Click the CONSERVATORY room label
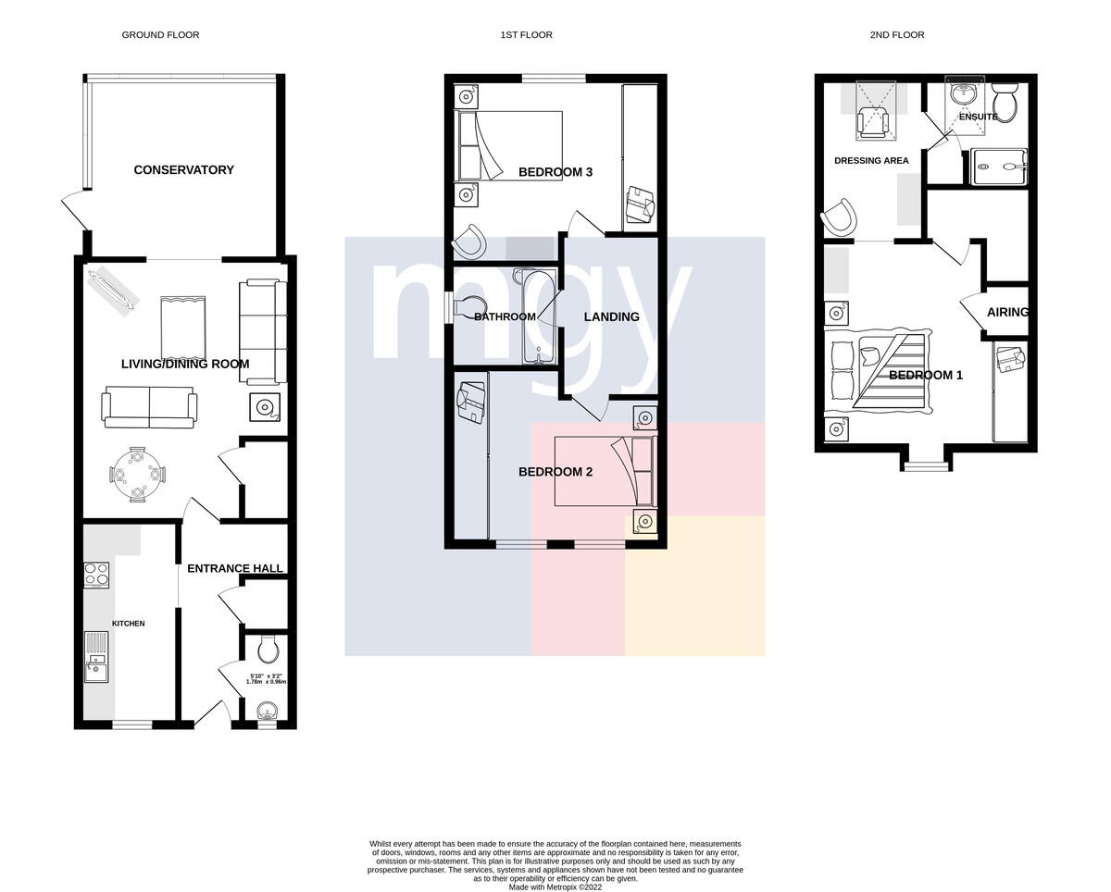coord(184,169)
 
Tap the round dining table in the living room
coord(137,474)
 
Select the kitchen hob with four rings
coord(96,576)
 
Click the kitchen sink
coord(96,665)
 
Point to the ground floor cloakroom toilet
coord(268,649)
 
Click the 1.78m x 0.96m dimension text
coord(266,682)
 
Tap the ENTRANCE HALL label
coord(235,568)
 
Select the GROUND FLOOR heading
coord(160,34)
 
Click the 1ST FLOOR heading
coord(526,34)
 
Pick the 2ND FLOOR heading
coord(897,34)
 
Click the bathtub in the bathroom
coord(539,316)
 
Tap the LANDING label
coord(612,316)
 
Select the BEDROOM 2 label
coord(555,472)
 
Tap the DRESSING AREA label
coord(871,160)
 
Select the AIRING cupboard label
coord(1007,312)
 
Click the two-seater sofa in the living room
coord(149,407)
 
